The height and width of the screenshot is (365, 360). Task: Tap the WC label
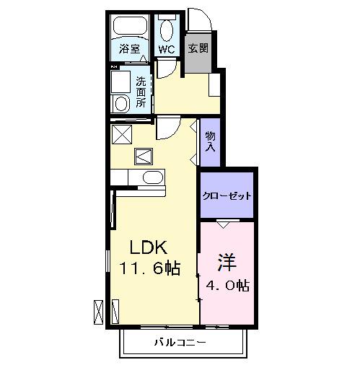coord(166,50)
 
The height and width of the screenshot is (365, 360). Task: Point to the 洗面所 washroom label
coord(141,92)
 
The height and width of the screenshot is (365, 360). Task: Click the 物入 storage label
coord(209,141)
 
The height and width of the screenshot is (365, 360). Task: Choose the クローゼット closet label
coord(227,195)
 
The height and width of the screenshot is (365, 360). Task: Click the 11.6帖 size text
coord(150,269)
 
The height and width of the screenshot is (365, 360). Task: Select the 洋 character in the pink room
coord(226,260)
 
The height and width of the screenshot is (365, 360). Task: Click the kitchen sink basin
coord(152,177)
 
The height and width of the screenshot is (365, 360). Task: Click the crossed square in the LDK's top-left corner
coord(120,133)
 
